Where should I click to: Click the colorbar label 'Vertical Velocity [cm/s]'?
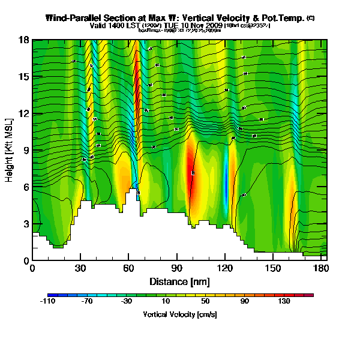(180, 314)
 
